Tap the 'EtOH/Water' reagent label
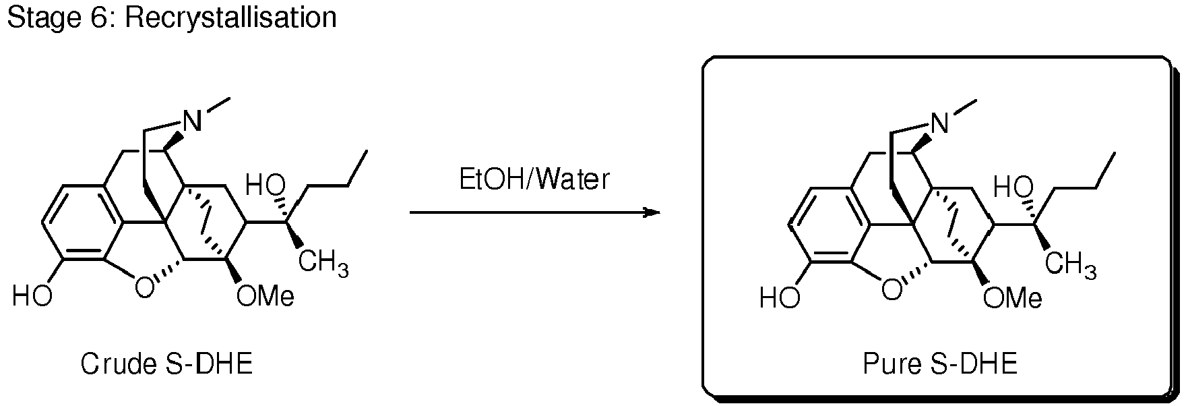534,180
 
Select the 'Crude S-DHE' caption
166,365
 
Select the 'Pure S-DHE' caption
940,365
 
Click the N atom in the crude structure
193,122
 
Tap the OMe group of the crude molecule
266,296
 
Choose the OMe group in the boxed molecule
1012,296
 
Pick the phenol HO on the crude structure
32,297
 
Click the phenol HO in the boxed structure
780,297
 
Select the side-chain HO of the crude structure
266,185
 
